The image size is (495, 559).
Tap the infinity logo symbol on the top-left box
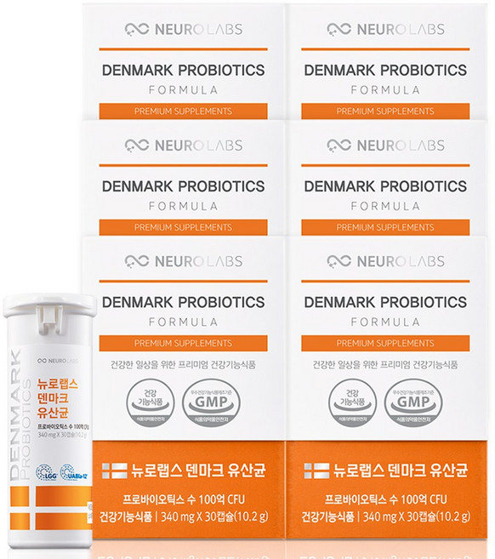click(136, 29)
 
